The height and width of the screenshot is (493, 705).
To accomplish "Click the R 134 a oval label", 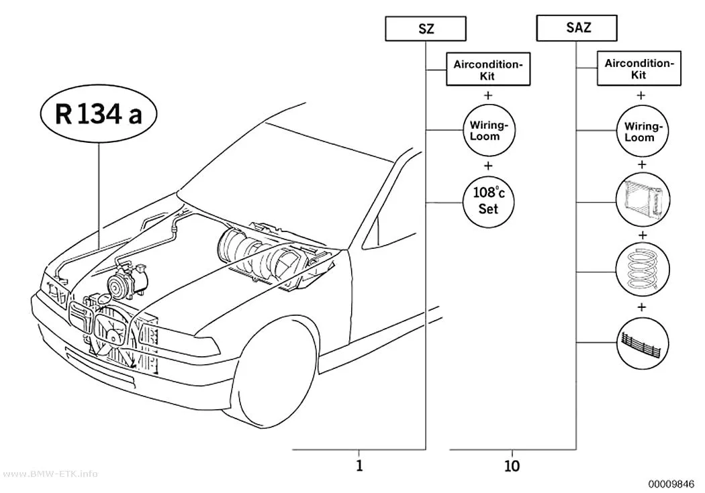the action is pyautogui.click(x=99, y=114).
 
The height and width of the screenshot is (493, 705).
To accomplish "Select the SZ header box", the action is pyautogui.click(x=425, y=29).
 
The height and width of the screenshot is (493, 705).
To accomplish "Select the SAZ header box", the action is pyautogui.click(x=577, y=28).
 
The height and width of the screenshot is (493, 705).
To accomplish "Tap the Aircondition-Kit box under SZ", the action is pyautogui.click(x=488, y=69).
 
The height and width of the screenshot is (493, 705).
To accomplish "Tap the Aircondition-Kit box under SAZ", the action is pyautogui.click(x=639, y=68).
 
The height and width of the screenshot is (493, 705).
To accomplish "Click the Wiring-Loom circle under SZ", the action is pyautogui.click(x=489, y=131).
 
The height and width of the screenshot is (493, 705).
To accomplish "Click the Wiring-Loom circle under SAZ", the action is pyautogui.click(x=642, y=131).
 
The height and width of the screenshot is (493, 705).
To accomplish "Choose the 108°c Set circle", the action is pyautogui.click(x=489, y=201).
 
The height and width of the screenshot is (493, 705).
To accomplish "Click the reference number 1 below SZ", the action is pyautogui.click(x=359, y=465).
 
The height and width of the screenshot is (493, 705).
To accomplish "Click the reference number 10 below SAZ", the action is pyautogui.click(x=512, y=466).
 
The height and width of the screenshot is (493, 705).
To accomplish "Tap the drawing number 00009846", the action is pyautogui.click(x=671, y=484).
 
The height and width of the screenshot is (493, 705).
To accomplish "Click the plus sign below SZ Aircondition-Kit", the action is pyautogui.click(x=488, y=95).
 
